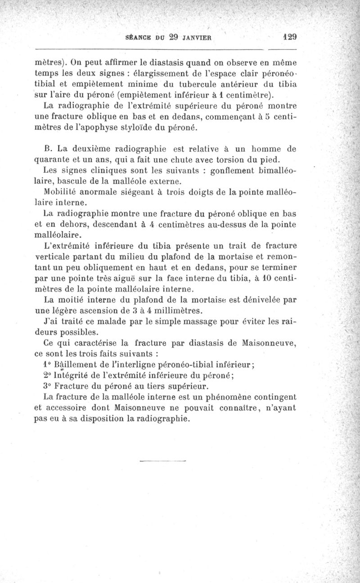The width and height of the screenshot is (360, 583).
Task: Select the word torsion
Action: point(229,160)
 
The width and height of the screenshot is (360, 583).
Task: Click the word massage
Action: point(190,322)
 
